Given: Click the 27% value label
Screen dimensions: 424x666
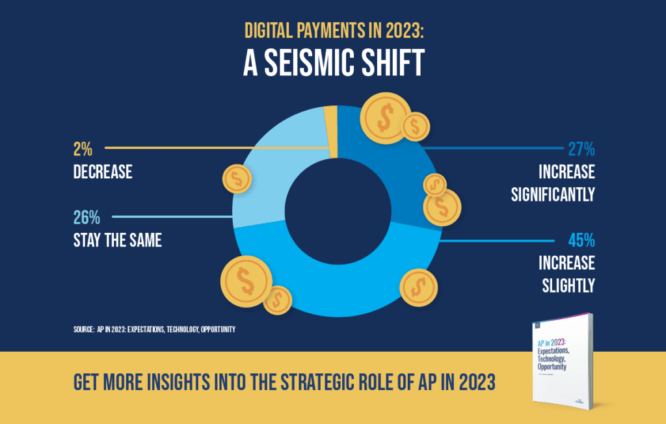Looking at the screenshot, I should tap(580, 150).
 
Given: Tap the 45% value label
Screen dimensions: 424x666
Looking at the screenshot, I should tap(580, 241).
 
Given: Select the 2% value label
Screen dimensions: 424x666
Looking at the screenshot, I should tap(83, 150).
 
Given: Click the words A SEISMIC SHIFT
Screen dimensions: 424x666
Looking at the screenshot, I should tap(333, 64).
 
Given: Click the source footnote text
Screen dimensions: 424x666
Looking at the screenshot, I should tap(154, 330).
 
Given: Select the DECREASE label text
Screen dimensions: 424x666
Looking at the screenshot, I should tap(102, 172).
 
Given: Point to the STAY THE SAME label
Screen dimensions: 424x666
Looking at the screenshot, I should tap(116, 241).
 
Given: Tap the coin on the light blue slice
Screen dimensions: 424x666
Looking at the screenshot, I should tap(237, 179).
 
